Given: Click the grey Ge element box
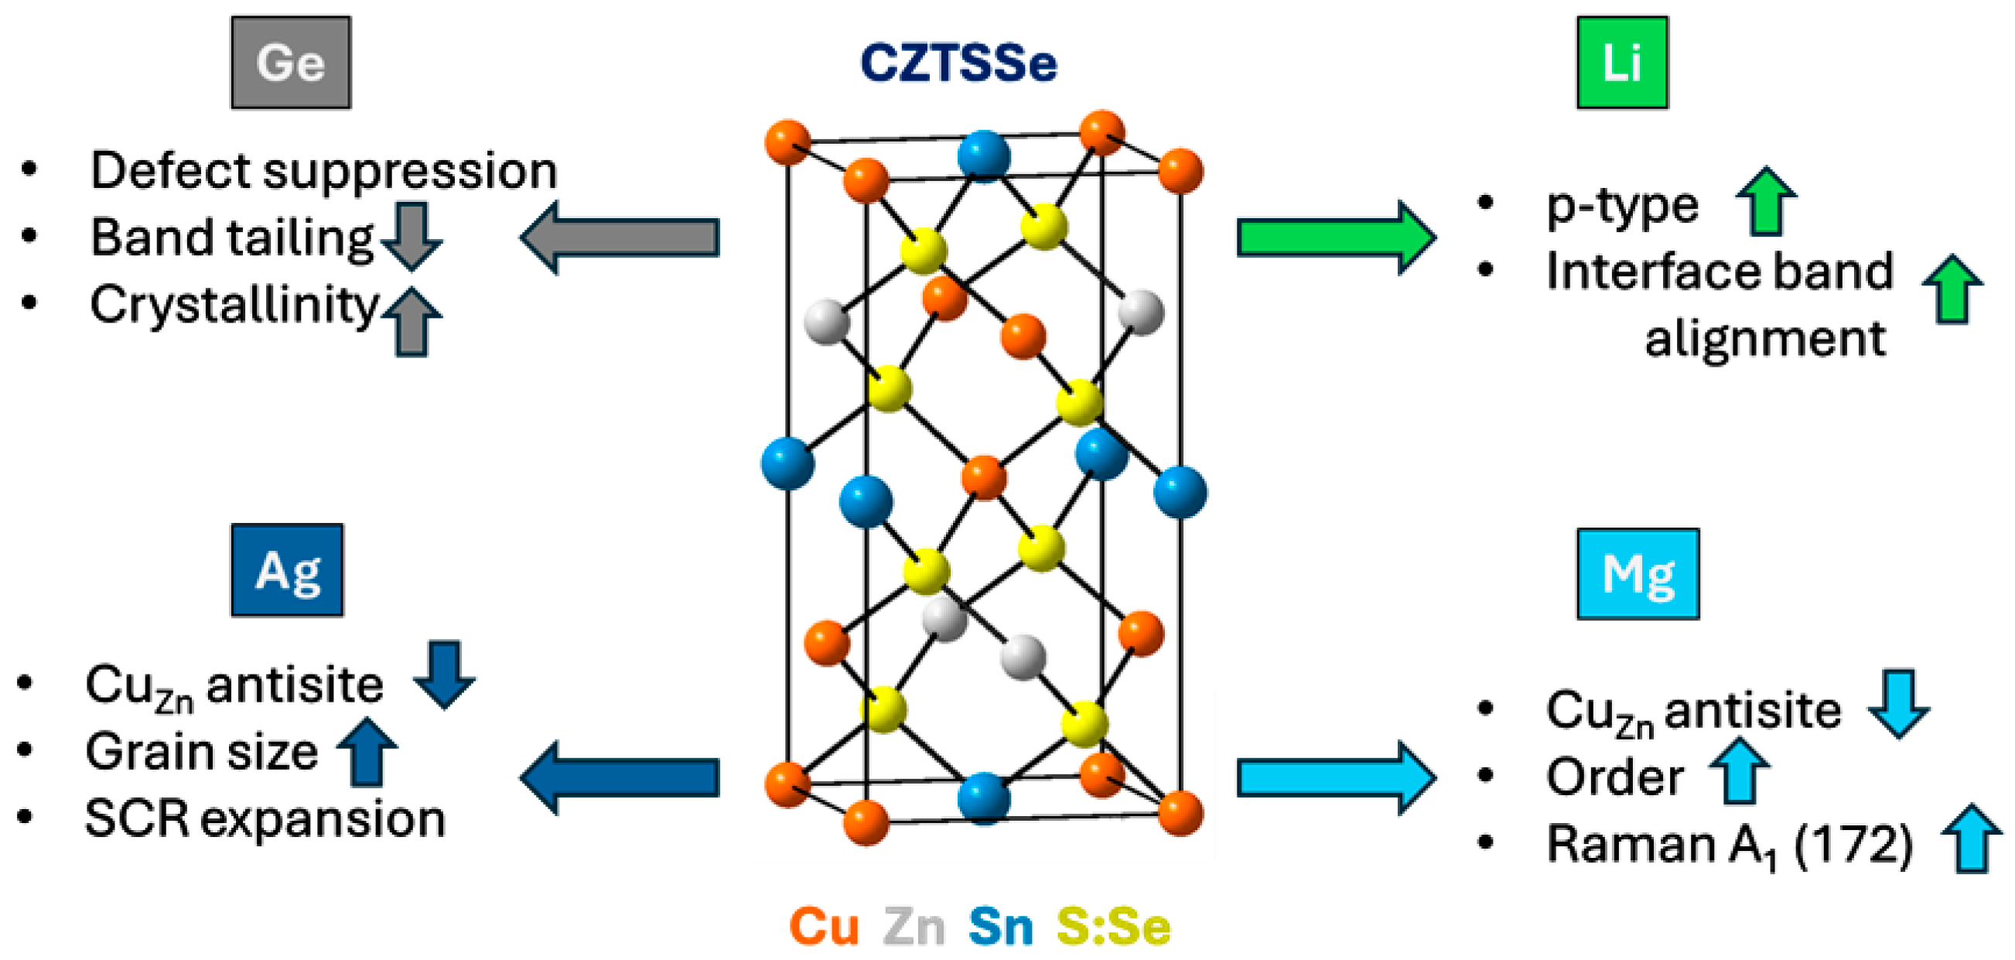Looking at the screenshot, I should pyautogui.click(x=290, y=63).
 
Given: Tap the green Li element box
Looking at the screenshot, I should pyautogui.click(x=1621, y=63).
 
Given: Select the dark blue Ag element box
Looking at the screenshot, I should pyautogui.click(x=287, y=570).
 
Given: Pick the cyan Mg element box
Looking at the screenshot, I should pyautogui.click(x=1638, y=574).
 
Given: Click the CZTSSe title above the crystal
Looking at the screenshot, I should pyautogui.click(x=958, y=63).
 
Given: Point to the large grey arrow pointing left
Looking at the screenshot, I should pyautogui.click(x=620, y=237).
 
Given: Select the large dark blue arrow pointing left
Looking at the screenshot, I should pyautogui.click(x=620, y=778).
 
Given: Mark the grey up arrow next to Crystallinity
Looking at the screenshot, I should pyautogui.click(x=412, y=322).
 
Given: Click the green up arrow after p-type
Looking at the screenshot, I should pyautogui.click(x=1766, y=201).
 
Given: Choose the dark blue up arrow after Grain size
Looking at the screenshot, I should pyautogui.click(x=367, y=752).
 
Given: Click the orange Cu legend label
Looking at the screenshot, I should pyautogui.click(x=824, y=928).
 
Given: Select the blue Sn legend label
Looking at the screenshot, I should pyautogui.click(x=1000, y=928).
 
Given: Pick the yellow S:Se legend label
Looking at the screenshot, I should pyautogui.click(x=1113, y=928).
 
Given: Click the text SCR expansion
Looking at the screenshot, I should pyautogui.click(x=265, y=819).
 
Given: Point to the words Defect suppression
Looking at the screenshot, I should pyautogui.click(x=323, y=170).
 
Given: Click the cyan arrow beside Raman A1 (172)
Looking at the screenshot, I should pyautogui.click(x=1971, y=839).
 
